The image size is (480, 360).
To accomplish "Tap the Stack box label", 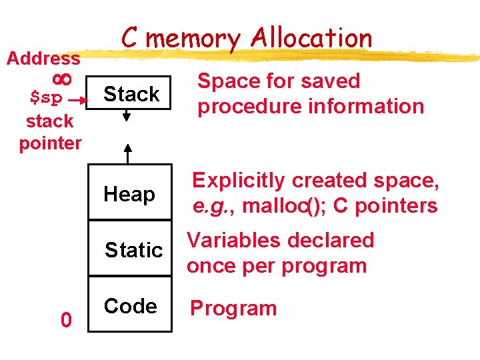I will (x=131, y=95).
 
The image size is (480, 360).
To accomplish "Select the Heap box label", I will (x=129, y=195).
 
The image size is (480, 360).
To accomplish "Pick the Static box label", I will (x=134, y=250).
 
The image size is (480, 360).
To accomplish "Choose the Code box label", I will (x=130, y=306).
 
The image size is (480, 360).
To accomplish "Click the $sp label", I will (x=47, y=99).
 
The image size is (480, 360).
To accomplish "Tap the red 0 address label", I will (x=65, y=321).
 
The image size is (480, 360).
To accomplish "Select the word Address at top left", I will (x=43, y=59).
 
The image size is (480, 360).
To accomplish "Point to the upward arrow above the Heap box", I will (x=129, y=153).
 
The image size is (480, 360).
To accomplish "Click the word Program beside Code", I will (x=233, y=309).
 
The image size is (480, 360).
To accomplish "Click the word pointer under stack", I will (x=50, y=143).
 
